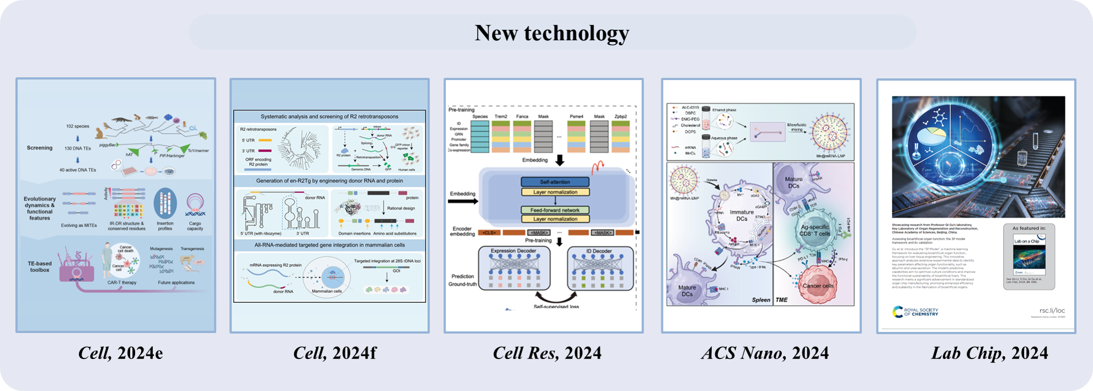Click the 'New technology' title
(551, 33)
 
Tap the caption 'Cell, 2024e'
(120, 353)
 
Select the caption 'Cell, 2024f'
(335, 353)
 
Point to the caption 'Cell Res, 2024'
(547, 353)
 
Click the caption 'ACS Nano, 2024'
(765, 353)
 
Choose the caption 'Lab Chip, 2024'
(989, 353)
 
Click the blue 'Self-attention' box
(555, 182)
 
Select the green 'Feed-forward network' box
(555, 210)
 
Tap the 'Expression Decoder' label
(513, 251)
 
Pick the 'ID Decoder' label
(599, 251)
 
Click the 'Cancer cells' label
(817, 286)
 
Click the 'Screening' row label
(40, 148)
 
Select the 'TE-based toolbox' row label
(40, 267)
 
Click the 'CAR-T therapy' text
(122, 282)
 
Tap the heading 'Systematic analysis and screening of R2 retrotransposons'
(329, 116)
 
